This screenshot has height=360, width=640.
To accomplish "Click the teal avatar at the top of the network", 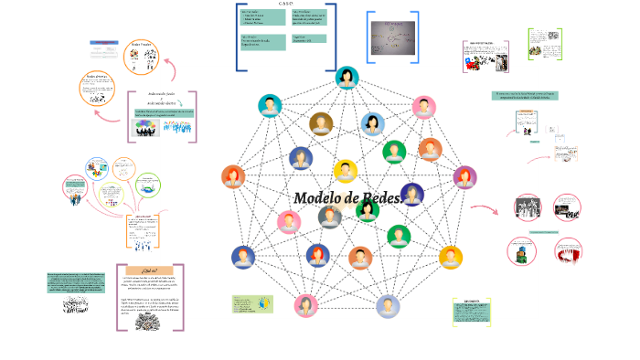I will (347, 79).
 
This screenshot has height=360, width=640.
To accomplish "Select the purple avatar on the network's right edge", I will (464, 176).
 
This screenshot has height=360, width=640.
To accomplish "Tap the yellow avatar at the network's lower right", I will (450, 258).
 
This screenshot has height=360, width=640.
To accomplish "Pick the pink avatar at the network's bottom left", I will (305, 305).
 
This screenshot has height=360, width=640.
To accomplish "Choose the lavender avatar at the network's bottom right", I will (388, 306).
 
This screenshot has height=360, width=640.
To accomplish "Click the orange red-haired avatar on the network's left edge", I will (233, 176).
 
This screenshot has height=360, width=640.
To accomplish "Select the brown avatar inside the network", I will (321, 123).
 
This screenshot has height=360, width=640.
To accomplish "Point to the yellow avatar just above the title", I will (345, 171).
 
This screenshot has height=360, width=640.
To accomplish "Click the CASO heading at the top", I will (286, 4).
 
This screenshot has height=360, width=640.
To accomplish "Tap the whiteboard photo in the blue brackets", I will (392, 38).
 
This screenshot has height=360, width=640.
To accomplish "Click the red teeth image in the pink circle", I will (569, 251).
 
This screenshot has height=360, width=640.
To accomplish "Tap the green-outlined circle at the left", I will (147, 185).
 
